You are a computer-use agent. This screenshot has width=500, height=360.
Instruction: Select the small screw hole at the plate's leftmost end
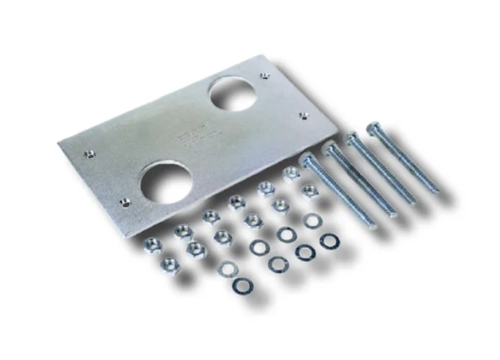click(x=89, y=153)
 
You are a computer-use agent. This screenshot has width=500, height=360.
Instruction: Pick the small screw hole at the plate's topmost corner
click(x=264, y=75)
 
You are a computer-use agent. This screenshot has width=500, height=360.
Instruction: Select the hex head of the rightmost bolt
click(x=373, y=129)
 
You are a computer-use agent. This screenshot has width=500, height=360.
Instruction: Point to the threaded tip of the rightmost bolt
click(x=434, y=190)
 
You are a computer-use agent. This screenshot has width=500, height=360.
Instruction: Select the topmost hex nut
click(x=291, y=174)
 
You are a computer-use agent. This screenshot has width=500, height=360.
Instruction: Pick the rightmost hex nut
click(x=309, y=192)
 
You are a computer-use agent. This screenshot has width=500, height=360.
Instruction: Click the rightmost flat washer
click(x=329, y=241)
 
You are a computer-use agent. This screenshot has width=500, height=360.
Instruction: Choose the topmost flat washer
click(x=311, y=220)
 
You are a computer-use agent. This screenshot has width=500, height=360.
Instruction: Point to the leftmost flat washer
click(x=228, y=269)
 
